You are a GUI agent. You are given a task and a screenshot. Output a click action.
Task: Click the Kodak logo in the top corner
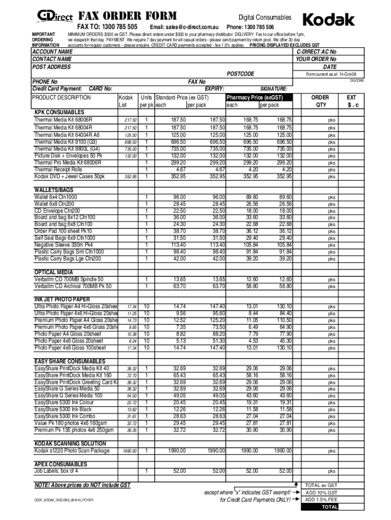[329, 19]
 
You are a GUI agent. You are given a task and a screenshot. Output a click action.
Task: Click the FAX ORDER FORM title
[127, 16]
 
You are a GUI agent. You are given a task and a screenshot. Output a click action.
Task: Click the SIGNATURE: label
[274, 88]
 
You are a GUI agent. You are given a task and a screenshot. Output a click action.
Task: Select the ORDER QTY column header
[319, 101]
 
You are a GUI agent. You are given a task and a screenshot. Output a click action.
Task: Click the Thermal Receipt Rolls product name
[58, 170]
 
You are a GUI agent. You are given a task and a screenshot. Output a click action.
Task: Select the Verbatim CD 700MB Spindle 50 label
[69, 279]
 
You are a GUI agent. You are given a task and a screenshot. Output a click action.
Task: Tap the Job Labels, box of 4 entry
[56, 471]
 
